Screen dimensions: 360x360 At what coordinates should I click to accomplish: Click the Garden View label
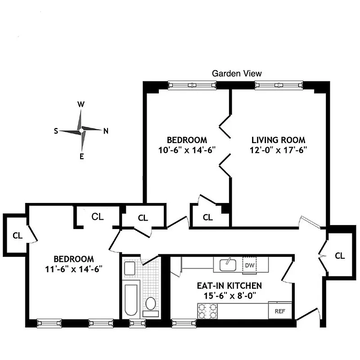pos(237,73)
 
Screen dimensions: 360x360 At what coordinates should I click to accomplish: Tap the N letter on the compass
pos(106,131)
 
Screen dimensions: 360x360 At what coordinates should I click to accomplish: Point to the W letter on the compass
pos(81,104)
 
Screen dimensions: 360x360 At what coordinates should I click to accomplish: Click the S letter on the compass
pos(56,131)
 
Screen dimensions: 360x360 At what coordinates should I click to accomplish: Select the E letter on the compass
pos(81,157)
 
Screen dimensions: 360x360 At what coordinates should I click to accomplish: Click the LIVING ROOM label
pos(278,140)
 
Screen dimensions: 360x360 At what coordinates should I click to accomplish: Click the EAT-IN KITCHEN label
pos(229,286)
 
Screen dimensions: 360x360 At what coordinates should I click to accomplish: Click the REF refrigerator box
pos(280,310)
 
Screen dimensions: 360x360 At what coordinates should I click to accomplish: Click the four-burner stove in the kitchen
pos(208,310)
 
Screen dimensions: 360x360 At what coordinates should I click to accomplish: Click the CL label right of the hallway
pos(340,256)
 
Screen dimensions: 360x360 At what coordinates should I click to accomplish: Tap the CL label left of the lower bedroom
pos(17,235)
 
